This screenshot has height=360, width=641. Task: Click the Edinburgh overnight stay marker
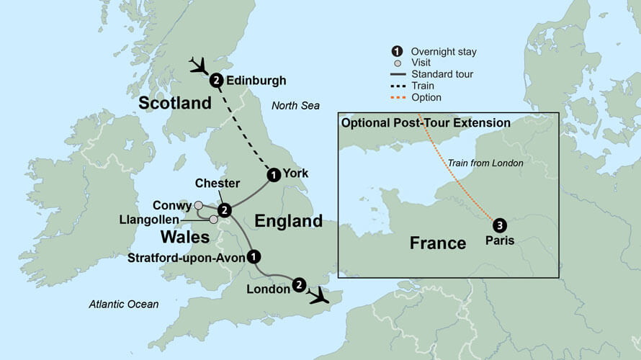click(x=215, y=81)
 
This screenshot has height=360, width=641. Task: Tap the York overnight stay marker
click(x=273, y=174)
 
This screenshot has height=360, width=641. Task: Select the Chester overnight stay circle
click(x=225, y=210)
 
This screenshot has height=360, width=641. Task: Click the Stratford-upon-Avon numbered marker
click(x=253, y=256)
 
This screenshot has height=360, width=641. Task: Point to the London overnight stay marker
click(x=299, y=285)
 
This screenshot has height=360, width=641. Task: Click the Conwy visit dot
click(x=199, y=205)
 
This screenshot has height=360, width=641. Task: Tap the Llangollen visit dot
click(x=213, y=219)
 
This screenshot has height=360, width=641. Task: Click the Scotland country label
click(x=175, y=103)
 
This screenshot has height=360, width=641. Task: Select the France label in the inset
click(x=438, y=243)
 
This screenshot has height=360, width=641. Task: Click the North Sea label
click(x=295, y=106)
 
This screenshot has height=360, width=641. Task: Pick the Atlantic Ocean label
click(x=124, y=305)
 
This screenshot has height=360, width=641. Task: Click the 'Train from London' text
click(x=485, y=163)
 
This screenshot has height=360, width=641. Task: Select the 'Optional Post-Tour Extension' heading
click(x=426, y=123)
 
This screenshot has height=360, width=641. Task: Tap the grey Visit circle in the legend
click(x=397, y=63)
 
